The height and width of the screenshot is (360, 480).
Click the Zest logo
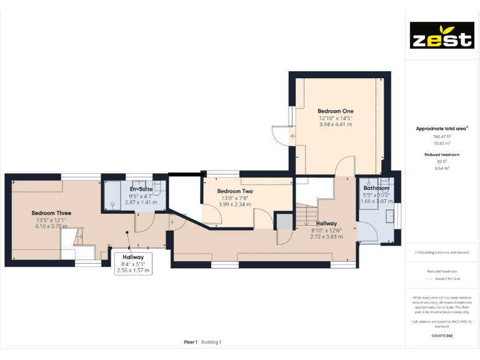point(441,36)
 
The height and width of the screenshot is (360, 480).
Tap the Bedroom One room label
point(336,111)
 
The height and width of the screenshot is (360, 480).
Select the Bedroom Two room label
point(235,191)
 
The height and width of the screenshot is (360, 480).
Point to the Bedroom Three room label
point(51,213)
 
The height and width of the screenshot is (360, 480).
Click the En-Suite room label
point(141,189)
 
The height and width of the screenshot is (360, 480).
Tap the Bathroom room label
point(376,188)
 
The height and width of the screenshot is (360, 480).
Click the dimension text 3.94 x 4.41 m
point(336,124)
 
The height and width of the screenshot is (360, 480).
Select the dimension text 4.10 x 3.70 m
point(51,226)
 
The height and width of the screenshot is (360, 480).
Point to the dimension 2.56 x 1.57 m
point(133,270)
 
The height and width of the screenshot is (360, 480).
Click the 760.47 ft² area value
point(442,136)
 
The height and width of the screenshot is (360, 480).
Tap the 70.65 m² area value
point(442,143)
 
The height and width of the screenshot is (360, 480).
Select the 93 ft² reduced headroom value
point(442,161)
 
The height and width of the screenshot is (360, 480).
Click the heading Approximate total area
point(441,129)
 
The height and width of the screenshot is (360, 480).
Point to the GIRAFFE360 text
point(442,336)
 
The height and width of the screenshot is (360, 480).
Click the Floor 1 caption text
point(191,342)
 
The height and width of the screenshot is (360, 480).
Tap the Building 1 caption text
point(211,342)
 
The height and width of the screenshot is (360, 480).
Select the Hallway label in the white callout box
point(133,257)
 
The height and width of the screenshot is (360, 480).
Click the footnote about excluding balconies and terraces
point(442,252)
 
